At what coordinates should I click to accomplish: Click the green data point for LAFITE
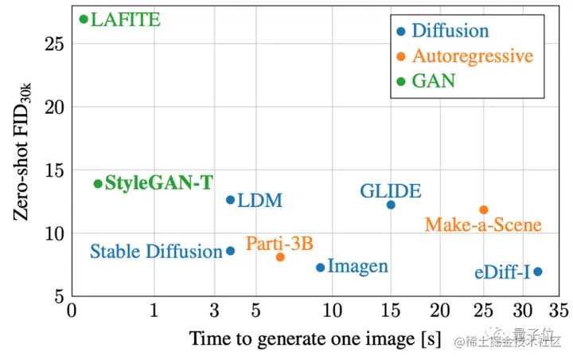pyautogui.click(x=84, y=19)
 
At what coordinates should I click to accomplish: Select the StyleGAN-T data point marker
pyautogui.click(x=98, y=184)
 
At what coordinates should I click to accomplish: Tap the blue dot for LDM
pyautogui.click(x=231, y=200)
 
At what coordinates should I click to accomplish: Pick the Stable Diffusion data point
pyautogui.click(x=231, y=251)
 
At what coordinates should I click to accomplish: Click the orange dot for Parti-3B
pyautogui.click(x=280, y=257)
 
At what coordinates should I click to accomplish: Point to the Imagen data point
pyautogui.click(x=321, y=268)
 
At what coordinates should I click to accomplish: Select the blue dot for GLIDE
pyautogui.click(x=391, y=205)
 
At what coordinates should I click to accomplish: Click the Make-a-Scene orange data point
pyautogui.click(x=484, y=209)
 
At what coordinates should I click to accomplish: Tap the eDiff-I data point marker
pyautogui.click(x=538, y=272)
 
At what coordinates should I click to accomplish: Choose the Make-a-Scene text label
pyautogui.click(x=483, y=225)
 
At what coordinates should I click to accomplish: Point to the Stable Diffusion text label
pyautogui.click(x=156, y=252)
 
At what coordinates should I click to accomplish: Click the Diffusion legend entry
pyautogui.click(x=453, y=32)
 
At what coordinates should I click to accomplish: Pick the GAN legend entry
pyautogui.click(x=434, y=81)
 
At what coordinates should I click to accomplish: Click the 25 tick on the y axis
pyautogui.click(x=54, y=44)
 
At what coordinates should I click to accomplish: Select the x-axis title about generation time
pyautogui.click(x=314, y=339)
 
